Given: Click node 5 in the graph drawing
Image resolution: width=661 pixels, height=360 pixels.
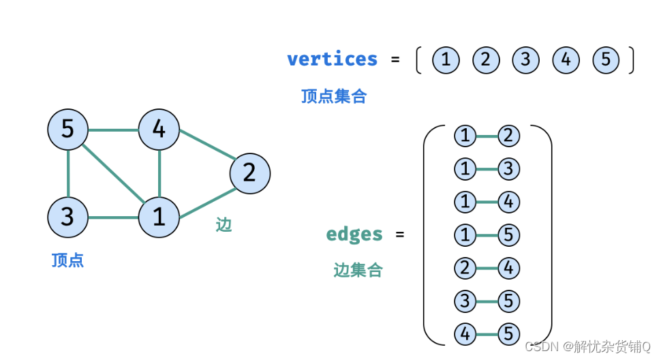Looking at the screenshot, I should (x=67, y=128).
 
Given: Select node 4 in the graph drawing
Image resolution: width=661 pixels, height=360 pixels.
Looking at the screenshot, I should (x=159, y=128).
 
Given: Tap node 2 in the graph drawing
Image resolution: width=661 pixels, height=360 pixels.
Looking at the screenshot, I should (x=249, y=172).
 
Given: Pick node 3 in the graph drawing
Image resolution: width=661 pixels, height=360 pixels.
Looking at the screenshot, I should (x=67, y=217).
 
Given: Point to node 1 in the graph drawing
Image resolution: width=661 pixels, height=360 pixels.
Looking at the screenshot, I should (x=159, y=217).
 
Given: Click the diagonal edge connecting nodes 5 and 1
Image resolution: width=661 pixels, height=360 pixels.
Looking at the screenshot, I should (x=113, y=173).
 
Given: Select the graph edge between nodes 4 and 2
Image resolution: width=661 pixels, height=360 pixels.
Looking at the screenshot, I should (x=204, y=151).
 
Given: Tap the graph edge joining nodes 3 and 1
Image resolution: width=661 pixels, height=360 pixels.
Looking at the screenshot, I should (x=113, y=217).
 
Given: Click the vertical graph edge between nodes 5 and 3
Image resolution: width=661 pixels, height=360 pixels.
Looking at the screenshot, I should (x=67, y=173).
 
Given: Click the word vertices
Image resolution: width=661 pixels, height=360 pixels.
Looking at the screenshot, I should (x=332, y=59).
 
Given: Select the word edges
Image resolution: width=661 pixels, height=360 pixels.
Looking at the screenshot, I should (x=354, y=234).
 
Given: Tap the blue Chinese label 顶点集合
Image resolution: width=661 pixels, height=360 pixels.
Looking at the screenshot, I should (x=334, y=96).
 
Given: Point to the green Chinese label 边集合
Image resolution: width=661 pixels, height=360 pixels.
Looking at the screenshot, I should (x=358, y=271).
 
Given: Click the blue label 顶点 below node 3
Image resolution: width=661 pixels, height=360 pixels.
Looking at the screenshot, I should (x=67, y=260).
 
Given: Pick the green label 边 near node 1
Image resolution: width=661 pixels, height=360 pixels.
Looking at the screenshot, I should (x=224, y=225).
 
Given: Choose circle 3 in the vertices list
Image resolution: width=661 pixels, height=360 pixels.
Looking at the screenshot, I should (x=525, y=60).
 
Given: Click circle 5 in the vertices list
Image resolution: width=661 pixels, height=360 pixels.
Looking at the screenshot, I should (x=606, y=60).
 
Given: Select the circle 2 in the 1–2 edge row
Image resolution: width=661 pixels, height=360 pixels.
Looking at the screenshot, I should (x=508, y=136).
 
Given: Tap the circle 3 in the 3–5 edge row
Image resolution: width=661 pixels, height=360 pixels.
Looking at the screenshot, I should (x=465, y=301).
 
